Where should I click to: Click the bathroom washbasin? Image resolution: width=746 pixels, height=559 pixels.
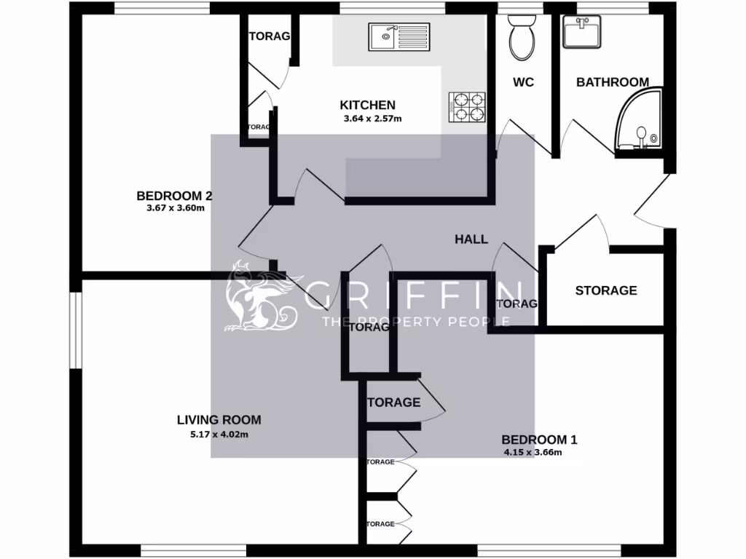pyautogui.click(x=582, y=32)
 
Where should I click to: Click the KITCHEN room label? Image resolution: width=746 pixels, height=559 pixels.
pyautogui.click(x=368, y=106)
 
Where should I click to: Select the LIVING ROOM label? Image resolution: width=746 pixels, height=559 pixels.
pyautogui.click(x=219, y=420)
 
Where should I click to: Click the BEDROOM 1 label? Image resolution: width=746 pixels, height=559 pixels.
pyautogui.click(x=539, y=440)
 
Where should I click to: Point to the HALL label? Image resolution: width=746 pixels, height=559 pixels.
pyautogui.click(x=471, y=239)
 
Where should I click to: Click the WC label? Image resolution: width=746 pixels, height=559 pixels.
pyautogui.click(x=524, y=82)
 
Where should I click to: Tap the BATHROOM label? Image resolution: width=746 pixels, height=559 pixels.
pyautogui.click(x=613, y=82)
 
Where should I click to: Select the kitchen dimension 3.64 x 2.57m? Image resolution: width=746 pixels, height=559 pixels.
pyautogui.click(x=373, y=119)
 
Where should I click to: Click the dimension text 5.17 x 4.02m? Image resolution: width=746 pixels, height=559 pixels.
pyautogui.click(x=219, y=435)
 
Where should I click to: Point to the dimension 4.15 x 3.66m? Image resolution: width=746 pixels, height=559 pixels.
pyautogui.click(x=533, y=452)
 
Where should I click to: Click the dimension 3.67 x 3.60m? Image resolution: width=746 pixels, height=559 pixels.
pyautogui.click(x=175, y=208)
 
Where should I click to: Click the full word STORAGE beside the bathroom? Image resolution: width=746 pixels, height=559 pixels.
pyautogui.click(x=606, y=290)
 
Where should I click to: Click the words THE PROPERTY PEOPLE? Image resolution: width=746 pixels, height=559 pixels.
pyautogui.click(x=416, y=321)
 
